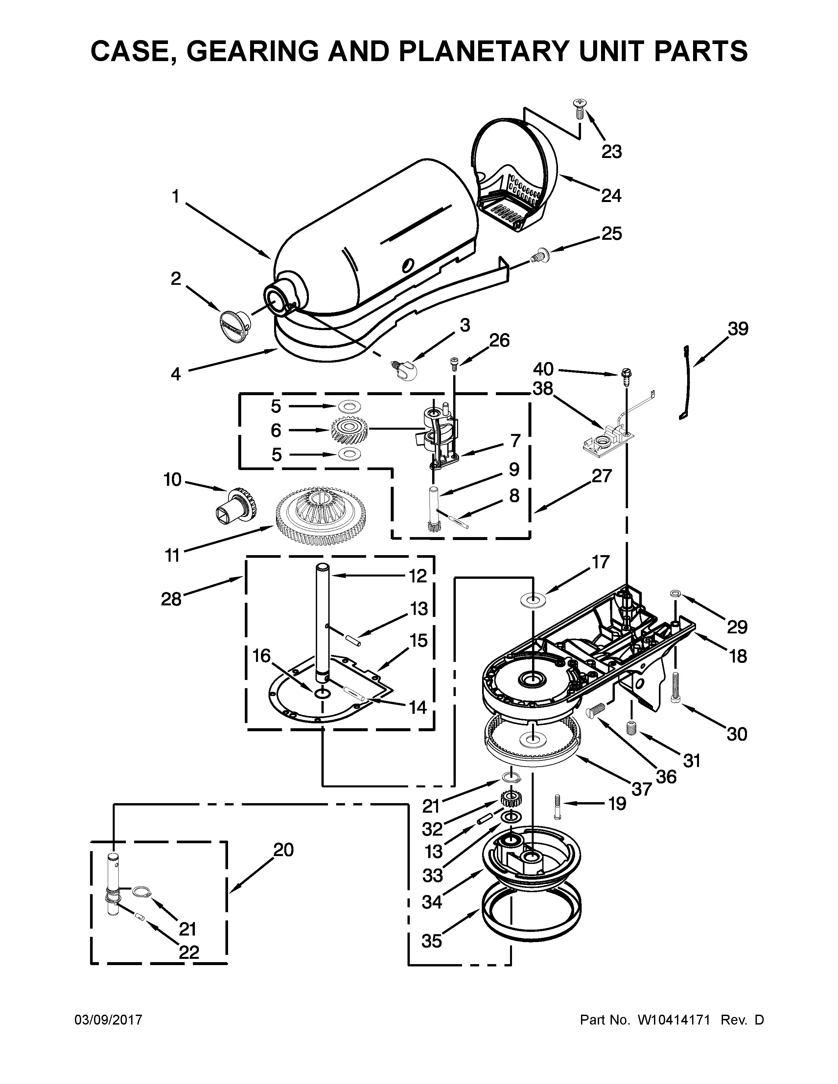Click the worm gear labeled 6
(x=349, y=430)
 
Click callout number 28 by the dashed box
(x=171, y=599)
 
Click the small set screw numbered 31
(x=632, y=729)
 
